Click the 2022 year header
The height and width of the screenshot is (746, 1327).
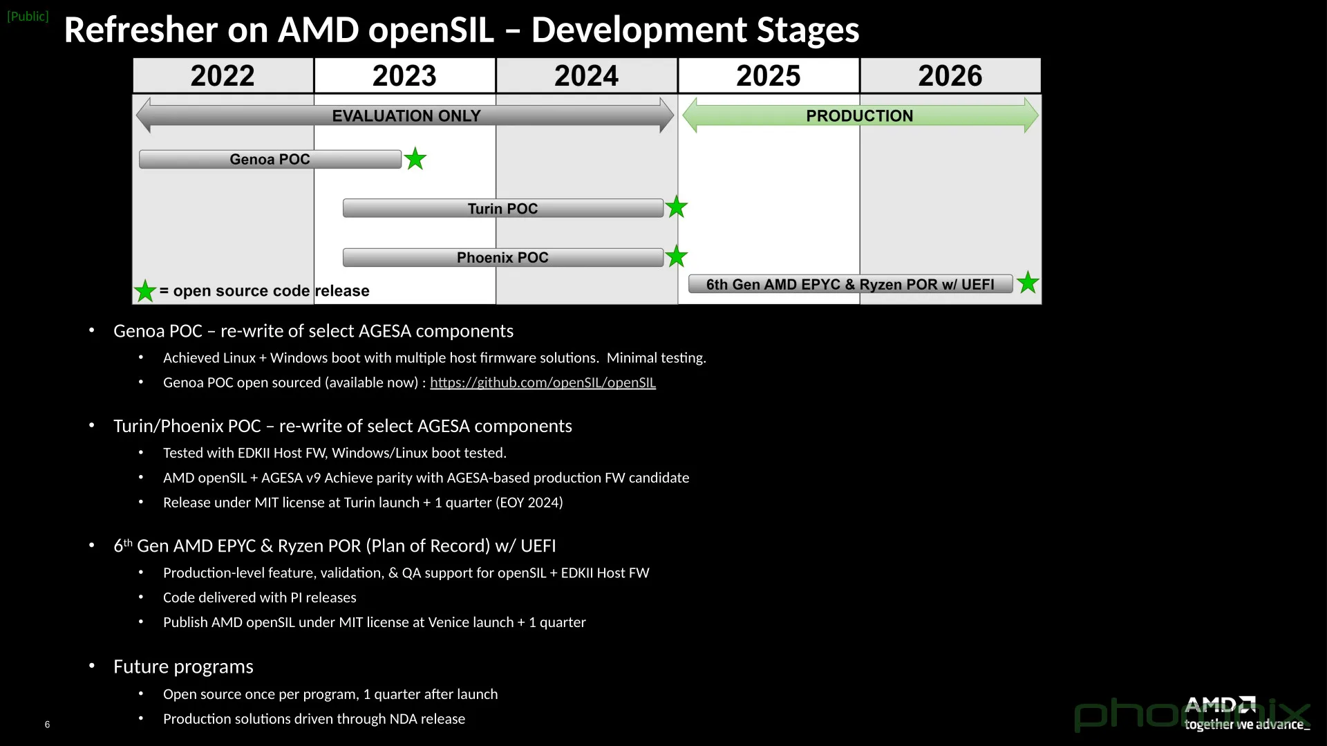click(x=223, y=75)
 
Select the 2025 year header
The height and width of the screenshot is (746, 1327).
click(x=768, y=75)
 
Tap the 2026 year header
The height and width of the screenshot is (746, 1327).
click(x=950, y=75)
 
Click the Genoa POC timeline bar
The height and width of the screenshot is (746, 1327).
click(x=270, y=159)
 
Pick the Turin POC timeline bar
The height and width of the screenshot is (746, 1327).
click(x=502, y=208)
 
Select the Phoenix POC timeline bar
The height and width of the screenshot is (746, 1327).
click(x=502, y=257)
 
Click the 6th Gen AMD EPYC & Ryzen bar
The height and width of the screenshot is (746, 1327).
click(x=850, y=284)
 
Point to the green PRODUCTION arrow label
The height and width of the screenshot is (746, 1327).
click(x=859, y=115)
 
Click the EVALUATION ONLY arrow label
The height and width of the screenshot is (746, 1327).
click(x=406, y=115)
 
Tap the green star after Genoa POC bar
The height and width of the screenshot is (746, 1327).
click(x=415, y=159)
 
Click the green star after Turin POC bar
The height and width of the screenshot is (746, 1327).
click(x=676, y=207)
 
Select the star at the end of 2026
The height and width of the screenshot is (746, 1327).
click(x=1028, y=282)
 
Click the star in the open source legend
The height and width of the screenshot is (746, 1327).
click(x=144, y=291)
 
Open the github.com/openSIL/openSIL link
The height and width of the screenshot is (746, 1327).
click(x=543, y=382)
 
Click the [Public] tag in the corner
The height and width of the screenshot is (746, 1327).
click(x=28, y=16)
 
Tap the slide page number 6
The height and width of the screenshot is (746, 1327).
click(x=47, y=725)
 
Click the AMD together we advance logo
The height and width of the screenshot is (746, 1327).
click(x=1244, y=714)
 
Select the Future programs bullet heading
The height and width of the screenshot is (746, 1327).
click(x=183, y=666)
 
